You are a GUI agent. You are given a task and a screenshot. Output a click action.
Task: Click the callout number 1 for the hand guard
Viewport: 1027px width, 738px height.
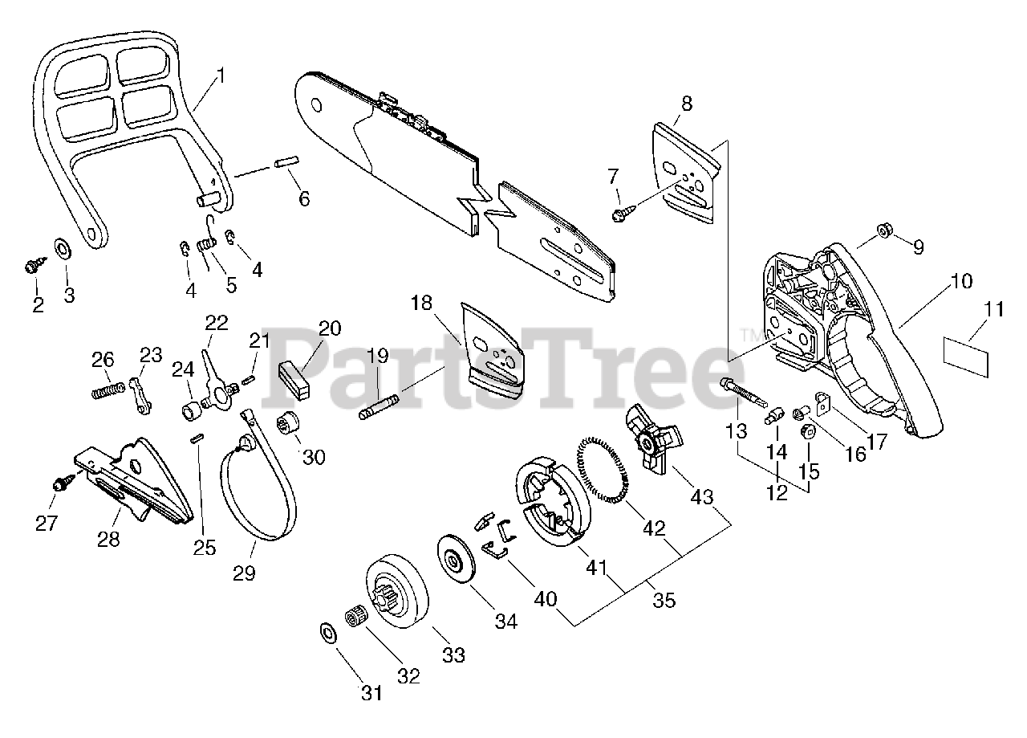pyautogui.click(x=221, y=77)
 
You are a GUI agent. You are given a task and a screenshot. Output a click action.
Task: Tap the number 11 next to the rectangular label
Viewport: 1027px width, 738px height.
pyautogui.click(x=994, y=308)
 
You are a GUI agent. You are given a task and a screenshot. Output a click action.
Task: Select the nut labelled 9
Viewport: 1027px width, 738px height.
pyautogui.click(x=883, y=230)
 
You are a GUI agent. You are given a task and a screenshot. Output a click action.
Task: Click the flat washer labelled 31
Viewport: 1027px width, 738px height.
pyautogui.click(x=328, y=632)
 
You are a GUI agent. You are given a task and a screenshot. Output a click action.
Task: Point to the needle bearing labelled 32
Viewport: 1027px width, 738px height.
pyautogui.click(x=352, y=621)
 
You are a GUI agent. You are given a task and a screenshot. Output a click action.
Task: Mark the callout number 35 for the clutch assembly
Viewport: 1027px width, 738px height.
pyautogui.click(x=664, y=599)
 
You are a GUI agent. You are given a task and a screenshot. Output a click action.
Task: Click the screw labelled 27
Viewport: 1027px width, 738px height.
pyautogui.click(x=61, y=484)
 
